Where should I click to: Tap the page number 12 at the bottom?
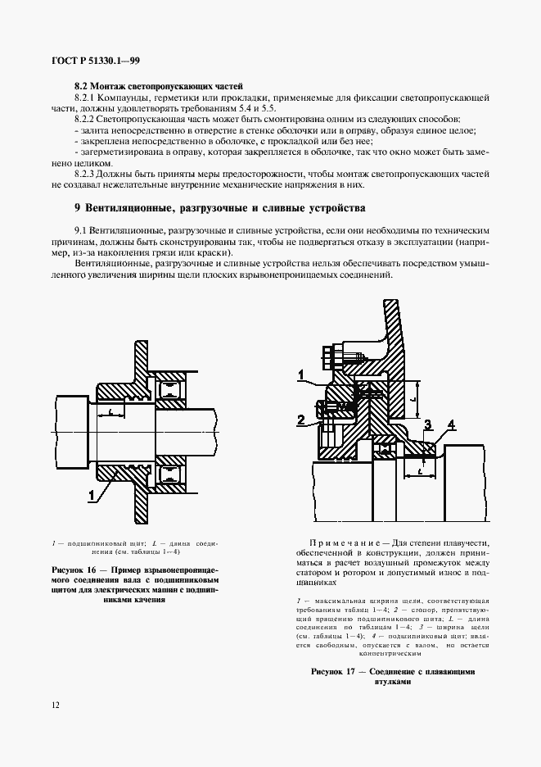pos(55,705)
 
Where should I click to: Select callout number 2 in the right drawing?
pos(301,420)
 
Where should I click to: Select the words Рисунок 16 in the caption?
pos(77,568)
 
